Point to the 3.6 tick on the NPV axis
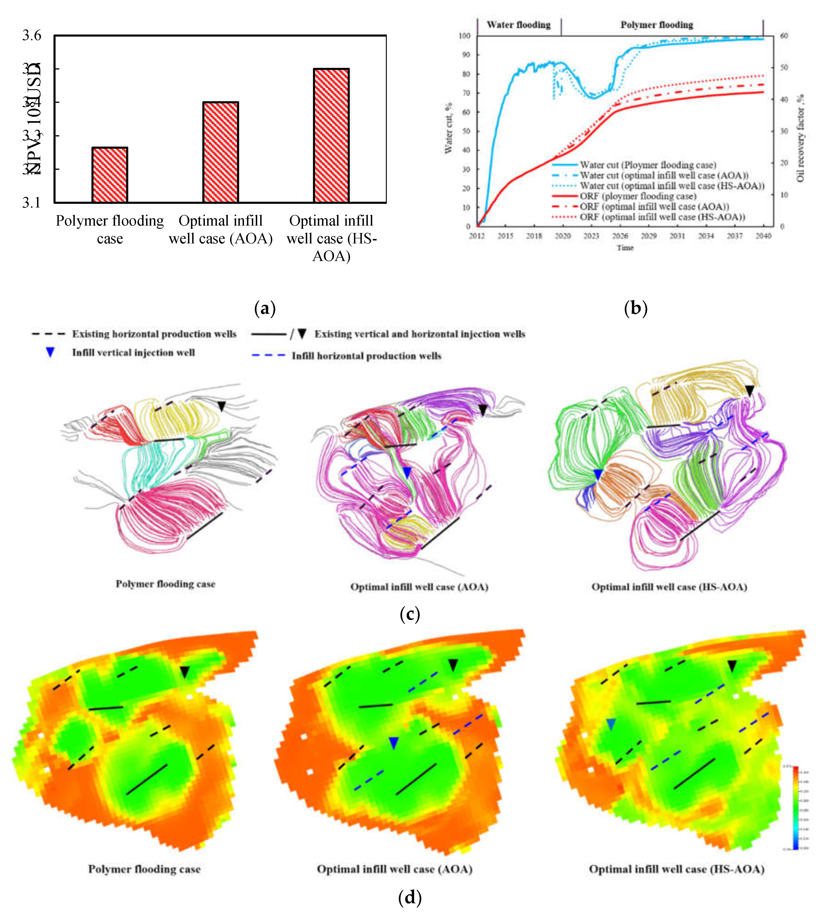(x=32, y=35)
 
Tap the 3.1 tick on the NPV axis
(x=32, y=202)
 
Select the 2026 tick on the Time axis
(x=620, y=235)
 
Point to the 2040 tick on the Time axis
(x=763, y=235)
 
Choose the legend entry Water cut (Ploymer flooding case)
(x=648, y=165)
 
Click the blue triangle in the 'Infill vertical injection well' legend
(x=50, y=353)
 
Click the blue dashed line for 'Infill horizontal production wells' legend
(x=268, y=356)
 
